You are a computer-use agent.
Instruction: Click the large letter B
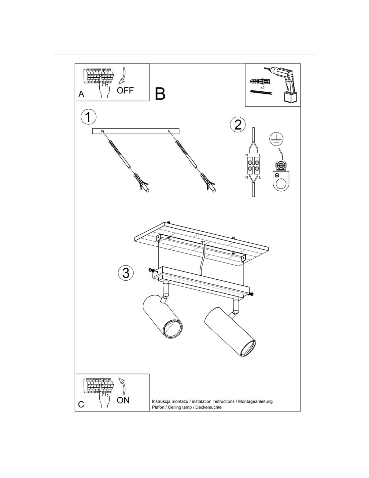point(160,94)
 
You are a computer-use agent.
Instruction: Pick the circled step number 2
point(238,124)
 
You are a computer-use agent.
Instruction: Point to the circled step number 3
point(126,273)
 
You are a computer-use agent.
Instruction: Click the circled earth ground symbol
point(276,140)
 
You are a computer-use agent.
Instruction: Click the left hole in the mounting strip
point(102,131)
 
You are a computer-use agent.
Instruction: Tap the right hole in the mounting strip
point(169,131)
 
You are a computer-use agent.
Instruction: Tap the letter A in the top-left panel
point(81,94)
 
